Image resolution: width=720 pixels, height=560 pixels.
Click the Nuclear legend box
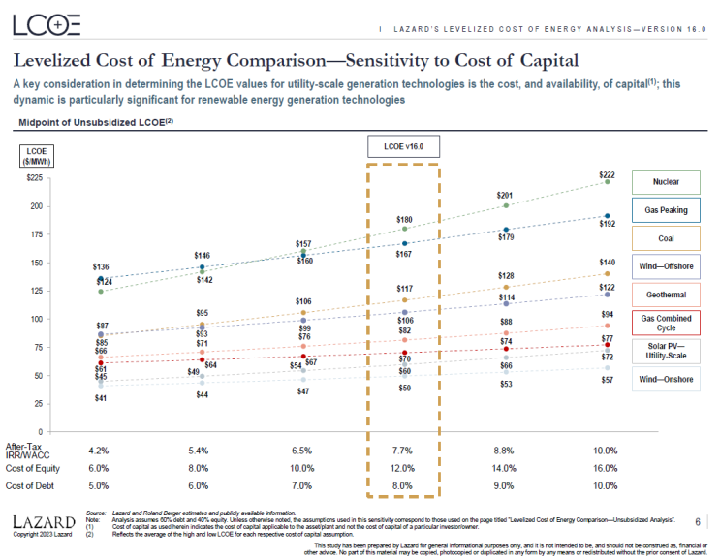click(666, 181)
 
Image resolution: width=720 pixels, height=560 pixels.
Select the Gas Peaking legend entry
click(666, 209)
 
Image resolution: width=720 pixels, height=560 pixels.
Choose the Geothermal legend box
click(666, 294)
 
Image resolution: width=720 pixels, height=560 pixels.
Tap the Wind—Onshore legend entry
click(666, 378)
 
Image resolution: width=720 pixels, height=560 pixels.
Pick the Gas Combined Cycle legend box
click(666, 322)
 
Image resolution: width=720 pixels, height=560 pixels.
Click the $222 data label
click(607, 173)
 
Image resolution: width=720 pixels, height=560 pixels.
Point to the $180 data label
click(405, 220)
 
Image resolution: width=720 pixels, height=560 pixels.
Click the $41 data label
click(101, 398)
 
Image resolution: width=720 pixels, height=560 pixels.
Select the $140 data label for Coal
click(607, 263)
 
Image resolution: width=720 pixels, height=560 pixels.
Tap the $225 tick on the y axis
click(35, 178)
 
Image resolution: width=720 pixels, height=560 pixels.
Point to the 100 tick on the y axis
click(37, 319)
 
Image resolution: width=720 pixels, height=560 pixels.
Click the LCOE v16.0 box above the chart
click(403, 146)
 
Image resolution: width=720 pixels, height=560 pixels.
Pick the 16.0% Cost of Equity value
click(606, 468)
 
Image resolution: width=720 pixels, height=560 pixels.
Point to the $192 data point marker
click(608, 216)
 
